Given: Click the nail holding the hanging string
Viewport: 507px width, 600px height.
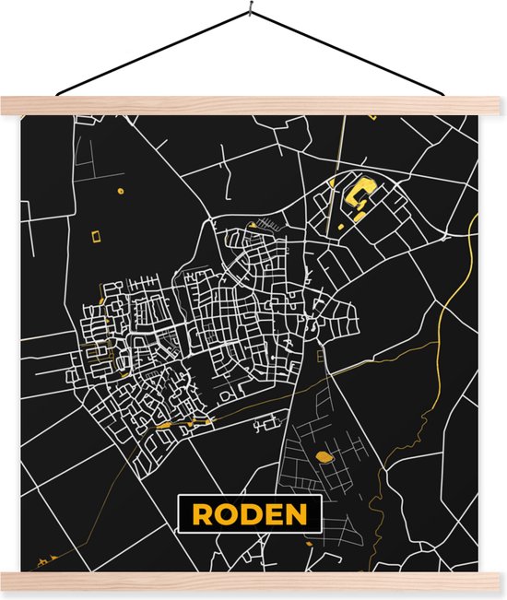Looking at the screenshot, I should click(251, 11).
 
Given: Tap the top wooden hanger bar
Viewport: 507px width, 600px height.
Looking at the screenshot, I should click(253, 105).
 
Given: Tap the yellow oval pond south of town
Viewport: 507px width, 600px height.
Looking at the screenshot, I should click(324, 455).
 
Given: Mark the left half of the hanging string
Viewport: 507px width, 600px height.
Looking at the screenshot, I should click(152, 53).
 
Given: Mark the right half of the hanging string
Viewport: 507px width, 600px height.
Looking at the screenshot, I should click(350, 53).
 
